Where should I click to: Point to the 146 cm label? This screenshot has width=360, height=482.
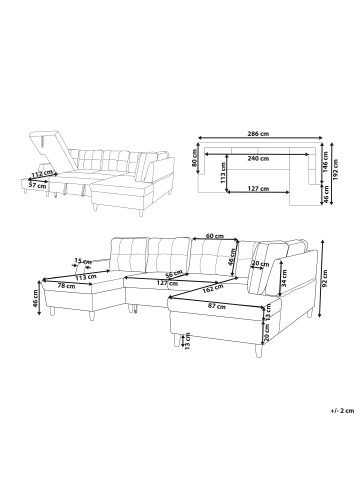pyautogui.click(x=329, y=162)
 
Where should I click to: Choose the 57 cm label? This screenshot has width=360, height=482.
pyautogui.click(x=36, y=185)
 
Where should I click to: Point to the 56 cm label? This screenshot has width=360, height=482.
pyautogui.click(x=171, y=273)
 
